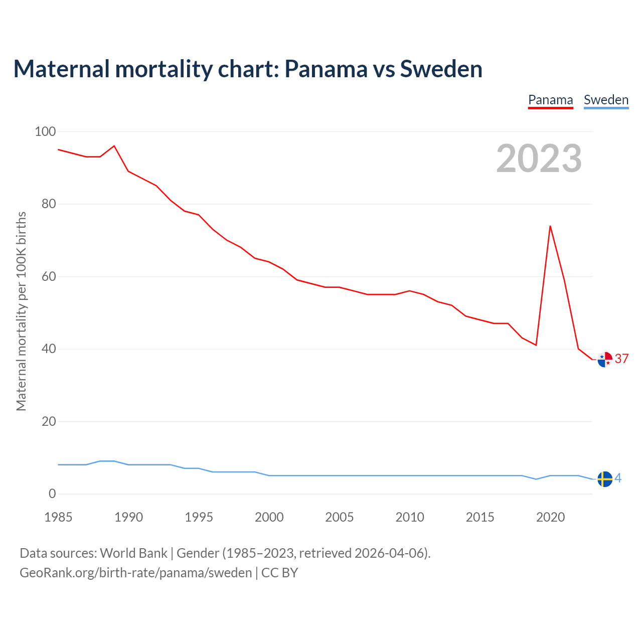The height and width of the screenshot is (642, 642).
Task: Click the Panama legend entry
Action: point(550,100)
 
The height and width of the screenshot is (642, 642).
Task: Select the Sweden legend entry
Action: point(606,100)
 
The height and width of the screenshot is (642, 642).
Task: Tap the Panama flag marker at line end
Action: point(605,360)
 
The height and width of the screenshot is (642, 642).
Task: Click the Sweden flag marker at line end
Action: point(605,479)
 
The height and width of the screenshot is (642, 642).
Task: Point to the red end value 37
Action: point(621,359)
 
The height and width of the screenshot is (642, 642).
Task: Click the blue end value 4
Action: point(618,478)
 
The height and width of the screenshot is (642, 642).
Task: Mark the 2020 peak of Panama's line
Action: point(550,226)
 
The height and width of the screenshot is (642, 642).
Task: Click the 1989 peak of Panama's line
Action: point(114,146)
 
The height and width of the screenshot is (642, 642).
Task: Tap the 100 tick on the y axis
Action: point(45,131)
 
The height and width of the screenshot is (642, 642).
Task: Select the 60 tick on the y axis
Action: point(49,276)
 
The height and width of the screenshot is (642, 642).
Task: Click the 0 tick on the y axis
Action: point(52,494)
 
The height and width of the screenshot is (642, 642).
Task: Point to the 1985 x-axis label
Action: point(58,517)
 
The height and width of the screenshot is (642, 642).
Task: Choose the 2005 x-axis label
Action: point(339,517)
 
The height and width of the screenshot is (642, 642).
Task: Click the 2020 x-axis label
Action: point(550,517)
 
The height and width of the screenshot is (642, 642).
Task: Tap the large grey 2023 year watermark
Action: point(539,158)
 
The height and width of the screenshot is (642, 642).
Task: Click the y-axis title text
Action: point(21,311)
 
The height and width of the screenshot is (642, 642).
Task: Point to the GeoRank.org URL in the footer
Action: point(135,573)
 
